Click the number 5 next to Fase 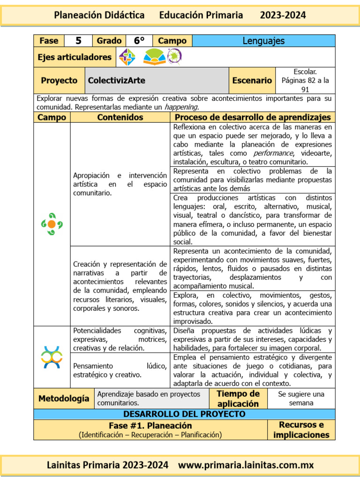(79, 41)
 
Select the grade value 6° (139, 41)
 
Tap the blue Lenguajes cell (263, 41)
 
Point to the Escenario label (252, 80)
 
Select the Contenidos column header (120, 117)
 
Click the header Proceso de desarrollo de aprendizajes (253, 117)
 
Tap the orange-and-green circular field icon (52, 224)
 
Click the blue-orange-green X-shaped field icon (52, 357)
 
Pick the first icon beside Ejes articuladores (127, 57)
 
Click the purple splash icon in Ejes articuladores (174, 57)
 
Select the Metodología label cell (64, 398)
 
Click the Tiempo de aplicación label (238, 398)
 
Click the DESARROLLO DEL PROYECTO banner (184, 414)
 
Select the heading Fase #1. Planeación (150, 426)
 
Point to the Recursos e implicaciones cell (301, 430)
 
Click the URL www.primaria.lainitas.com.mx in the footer (246, 465)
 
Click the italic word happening (178, 106)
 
